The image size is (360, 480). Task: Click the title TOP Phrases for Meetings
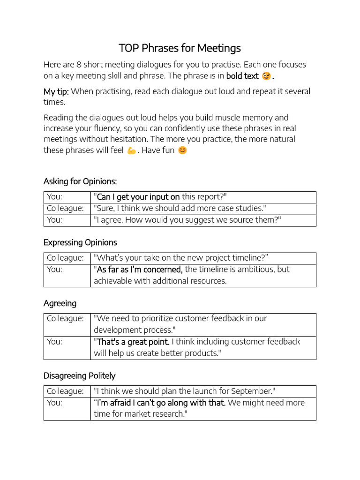[180, 48]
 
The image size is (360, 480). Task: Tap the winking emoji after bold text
[266, 76]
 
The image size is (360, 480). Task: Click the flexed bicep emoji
[131, 150]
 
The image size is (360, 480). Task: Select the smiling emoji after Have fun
[182, 150]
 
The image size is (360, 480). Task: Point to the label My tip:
[56, 91]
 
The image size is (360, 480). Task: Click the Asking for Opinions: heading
[80, 181]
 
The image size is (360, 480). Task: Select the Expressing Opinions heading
[80, 242]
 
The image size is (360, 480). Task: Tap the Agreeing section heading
[60, 303]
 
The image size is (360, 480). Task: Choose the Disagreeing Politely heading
[79, 375]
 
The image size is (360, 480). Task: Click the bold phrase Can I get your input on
[138, 197]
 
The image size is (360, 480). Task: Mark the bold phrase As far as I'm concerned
[139, 270]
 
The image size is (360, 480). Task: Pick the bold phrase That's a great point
[133, 342]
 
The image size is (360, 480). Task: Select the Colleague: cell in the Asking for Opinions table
[65, 208]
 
